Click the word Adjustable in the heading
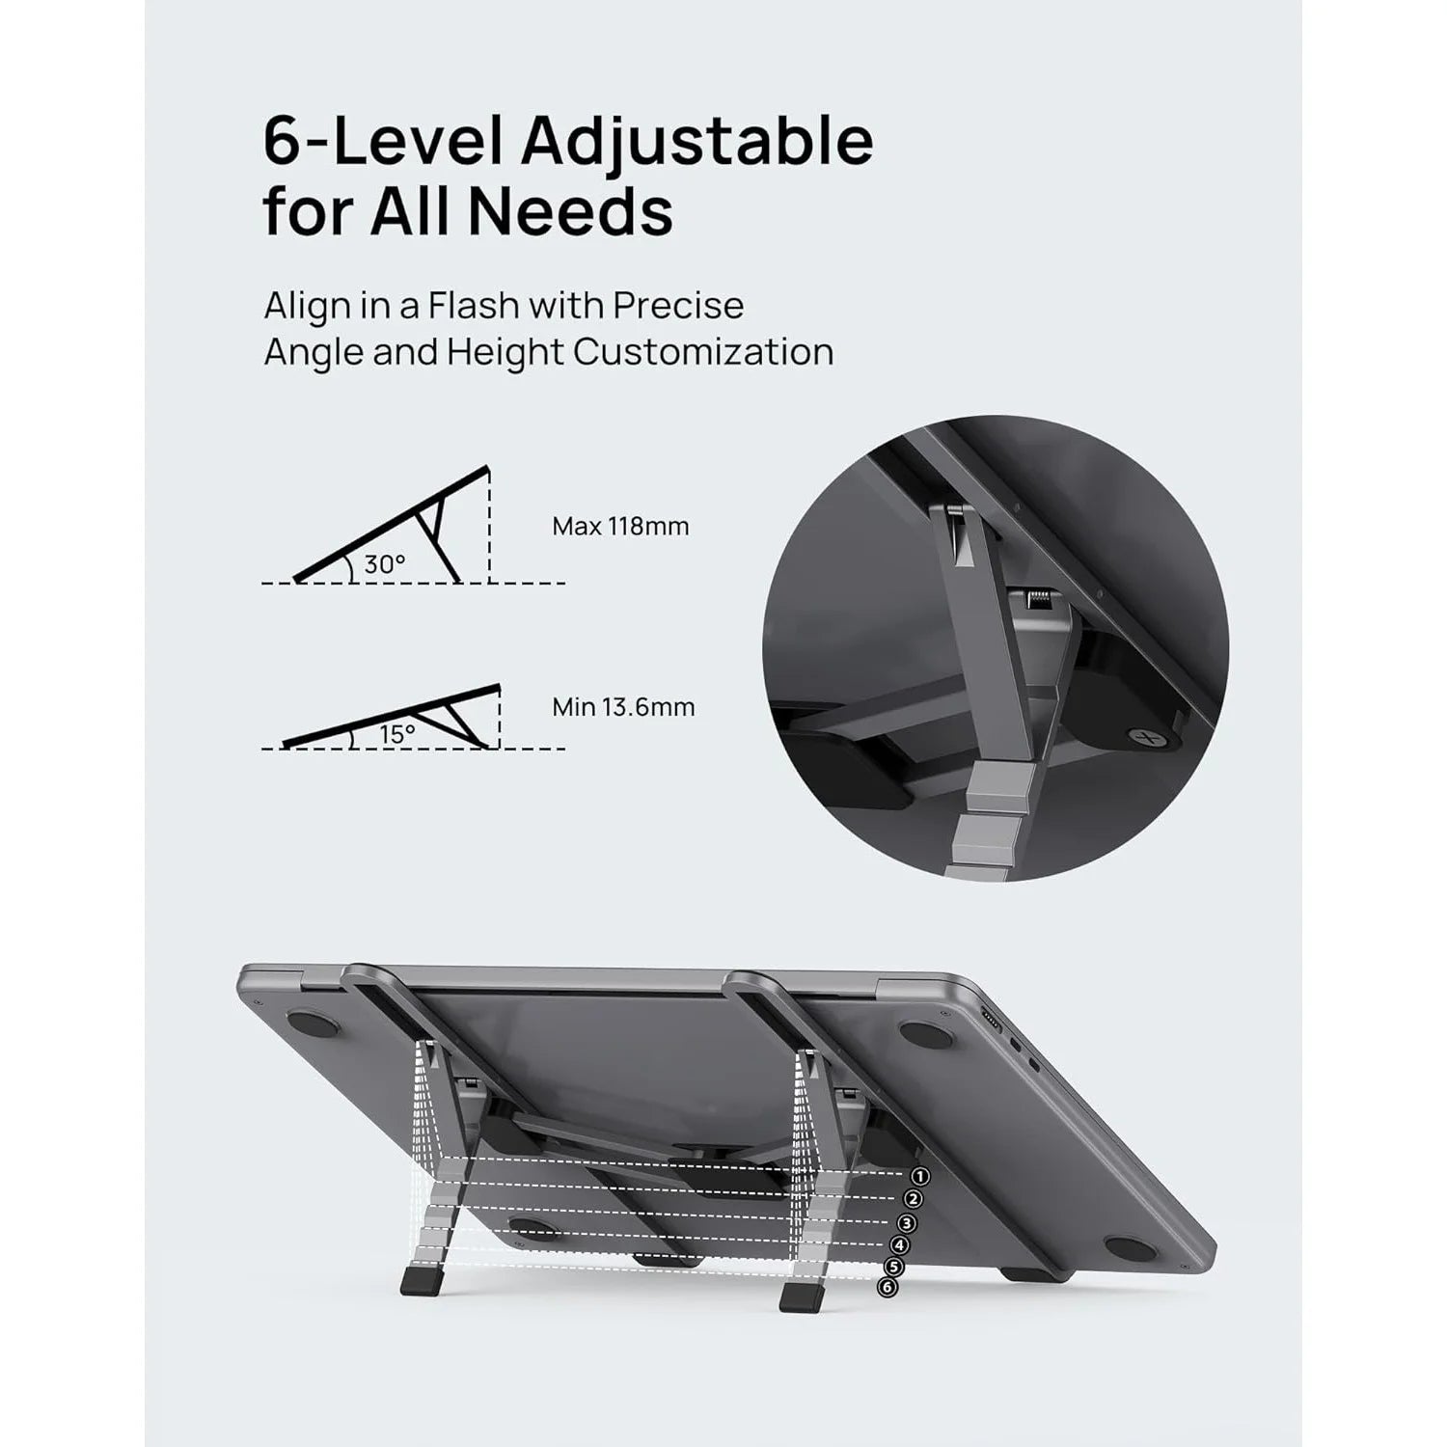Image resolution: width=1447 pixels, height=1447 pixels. pyautogui.click(x=697, y=142)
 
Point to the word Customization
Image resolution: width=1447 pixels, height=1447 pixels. pyautogui.click(x=703, y=352)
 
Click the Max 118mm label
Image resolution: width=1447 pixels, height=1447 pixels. pyautogui.click(x=620, y=527)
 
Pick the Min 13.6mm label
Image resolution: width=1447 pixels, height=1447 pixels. pyautogui.click(x=623, y=707)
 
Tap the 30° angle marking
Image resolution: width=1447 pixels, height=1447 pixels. pyautogui.click(x=384, y=565)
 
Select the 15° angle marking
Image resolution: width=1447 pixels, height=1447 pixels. pyautogui.click(x=396, y=734)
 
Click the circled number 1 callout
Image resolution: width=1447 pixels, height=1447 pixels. pyautogui.click(x=919, y=1176)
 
